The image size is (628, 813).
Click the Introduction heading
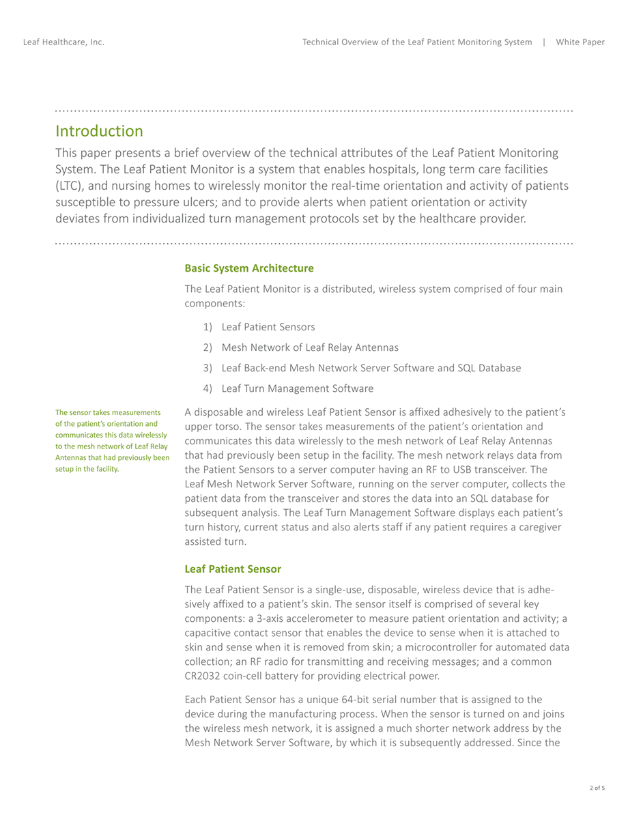(x=99, y=131)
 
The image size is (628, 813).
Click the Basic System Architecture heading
(x=249, y=268)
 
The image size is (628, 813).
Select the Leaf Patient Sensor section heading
(x=233, y=569)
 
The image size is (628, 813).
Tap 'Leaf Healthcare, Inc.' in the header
(x=63, y=42)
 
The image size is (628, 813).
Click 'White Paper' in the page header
(x=580, y=42)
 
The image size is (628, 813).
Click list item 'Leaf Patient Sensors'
(x=268, y=327)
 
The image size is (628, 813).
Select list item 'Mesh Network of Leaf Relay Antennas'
(x=310, y=347)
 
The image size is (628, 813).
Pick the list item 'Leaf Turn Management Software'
(x=298, y=388)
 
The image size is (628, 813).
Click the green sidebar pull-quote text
(x=113, y=440)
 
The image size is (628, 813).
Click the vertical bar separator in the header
(x=544, y=42)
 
